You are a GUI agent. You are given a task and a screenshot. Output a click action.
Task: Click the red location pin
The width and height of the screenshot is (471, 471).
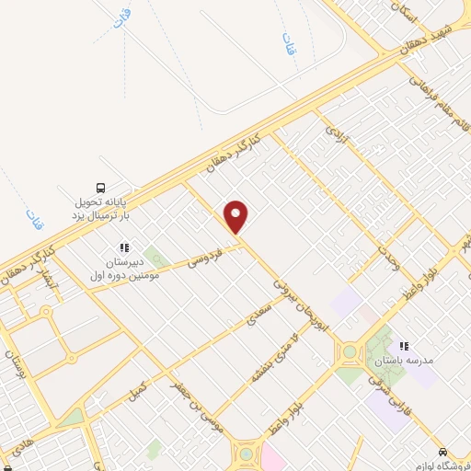click(237, 215)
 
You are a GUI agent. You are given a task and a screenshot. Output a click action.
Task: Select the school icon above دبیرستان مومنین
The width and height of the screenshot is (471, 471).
click(124, 247)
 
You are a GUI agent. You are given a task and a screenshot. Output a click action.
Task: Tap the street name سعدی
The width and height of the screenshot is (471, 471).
click(258, 321)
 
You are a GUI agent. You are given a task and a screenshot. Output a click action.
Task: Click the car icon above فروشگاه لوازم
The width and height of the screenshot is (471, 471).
click(443, 452)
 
